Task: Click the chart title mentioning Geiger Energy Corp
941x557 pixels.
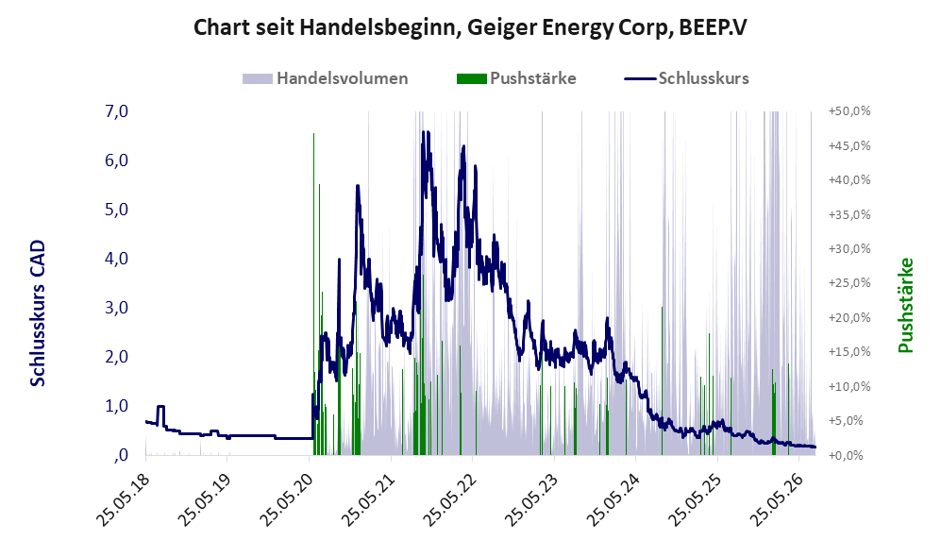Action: pyautogui.click(x=470, y=27)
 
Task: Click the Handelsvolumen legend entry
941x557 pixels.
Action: pyautogui.click(x=326, y=78)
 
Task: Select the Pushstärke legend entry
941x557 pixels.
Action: pyautogui.click(x=516, y=78)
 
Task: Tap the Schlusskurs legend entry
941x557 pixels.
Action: pyautogui.click(x=686, y=78)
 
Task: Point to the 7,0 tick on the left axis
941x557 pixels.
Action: pyautogui.click(x=117, y=111)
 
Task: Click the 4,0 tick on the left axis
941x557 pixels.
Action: pyautogui.click(x=117, y=259)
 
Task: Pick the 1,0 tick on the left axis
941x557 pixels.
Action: pyautogui.click(x=117, y=406)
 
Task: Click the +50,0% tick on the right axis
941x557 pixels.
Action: pyautogui.click(x=849, y=111)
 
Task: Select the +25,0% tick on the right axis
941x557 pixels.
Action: pyautogui.click(x=849, y=282)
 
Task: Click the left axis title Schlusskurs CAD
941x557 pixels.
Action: pyautogui.click(x=38, y=313)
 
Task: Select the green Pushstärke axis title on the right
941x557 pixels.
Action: pyautogui.click(x=905, y=306)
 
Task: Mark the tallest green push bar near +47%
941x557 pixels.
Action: pyautogui.click(x=314, y=295)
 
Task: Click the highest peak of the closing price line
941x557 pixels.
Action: pyautogui.click(x=423, y=131)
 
